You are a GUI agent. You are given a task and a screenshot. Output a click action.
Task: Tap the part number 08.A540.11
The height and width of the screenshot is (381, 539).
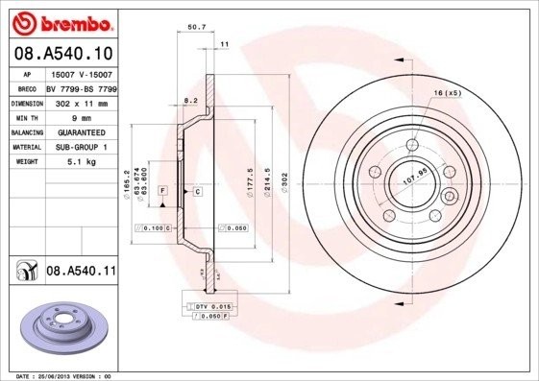point(81,273)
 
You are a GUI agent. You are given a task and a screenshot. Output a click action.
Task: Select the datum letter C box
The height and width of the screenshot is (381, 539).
point(196,192)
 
